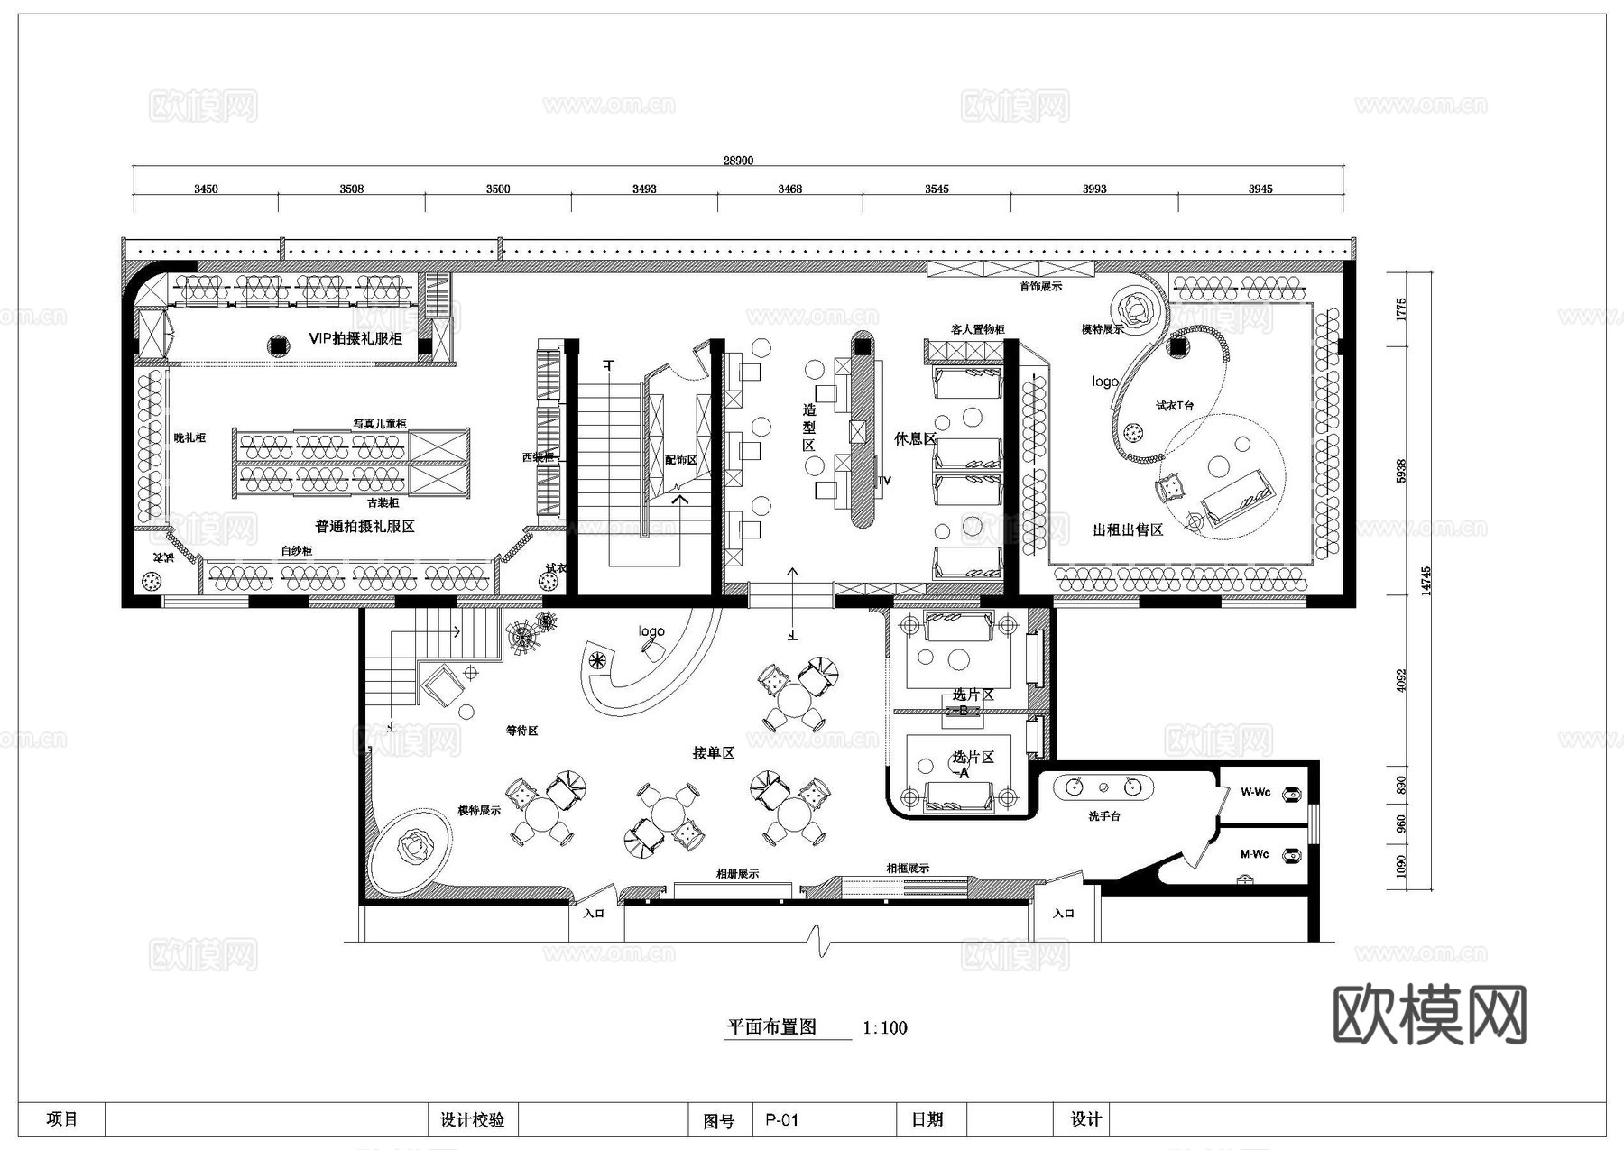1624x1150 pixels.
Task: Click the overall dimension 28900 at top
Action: click(737, 161)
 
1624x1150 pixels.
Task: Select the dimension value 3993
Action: click(1093, 189)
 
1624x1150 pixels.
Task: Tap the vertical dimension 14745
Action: click(1426, 581)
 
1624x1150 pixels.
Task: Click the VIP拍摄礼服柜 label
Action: click(355, 338)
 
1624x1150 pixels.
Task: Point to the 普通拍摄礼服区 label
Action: click(364, 526)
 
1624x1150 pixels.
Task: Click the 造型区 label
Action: click(809, 428)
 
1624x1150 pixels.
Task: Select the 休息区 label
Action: click(915, 438)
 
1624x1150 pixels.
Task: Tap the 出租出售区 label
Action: click(1128, 529)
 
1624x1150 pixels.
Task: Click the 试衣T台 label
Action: click(1175, 406)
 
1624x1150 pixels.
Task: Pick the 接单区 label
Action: click(713, 752)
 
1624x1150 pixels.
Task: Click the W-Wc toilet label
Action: click(1255, 792)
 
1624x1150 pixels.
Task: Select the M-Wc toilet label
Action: click(1254, 853)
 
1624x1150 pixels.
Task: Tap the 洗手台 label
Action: click(1103, 815)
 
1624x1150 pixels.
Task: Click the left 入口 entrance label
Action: click(594, 913)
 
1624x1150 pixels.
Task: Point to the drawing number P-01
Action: click(781, 1119)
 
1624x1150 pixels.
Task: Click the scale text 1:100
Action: click(884, 1027)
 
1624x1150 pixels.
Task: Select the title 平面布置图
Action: click(771, 1026)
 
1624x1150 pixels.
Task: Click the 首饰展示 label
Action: click(1040, 286)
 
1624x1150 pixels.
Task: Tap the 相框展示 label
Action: click(907, 868)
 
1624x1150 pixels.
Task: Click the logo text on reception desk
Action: click(651, 631)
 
